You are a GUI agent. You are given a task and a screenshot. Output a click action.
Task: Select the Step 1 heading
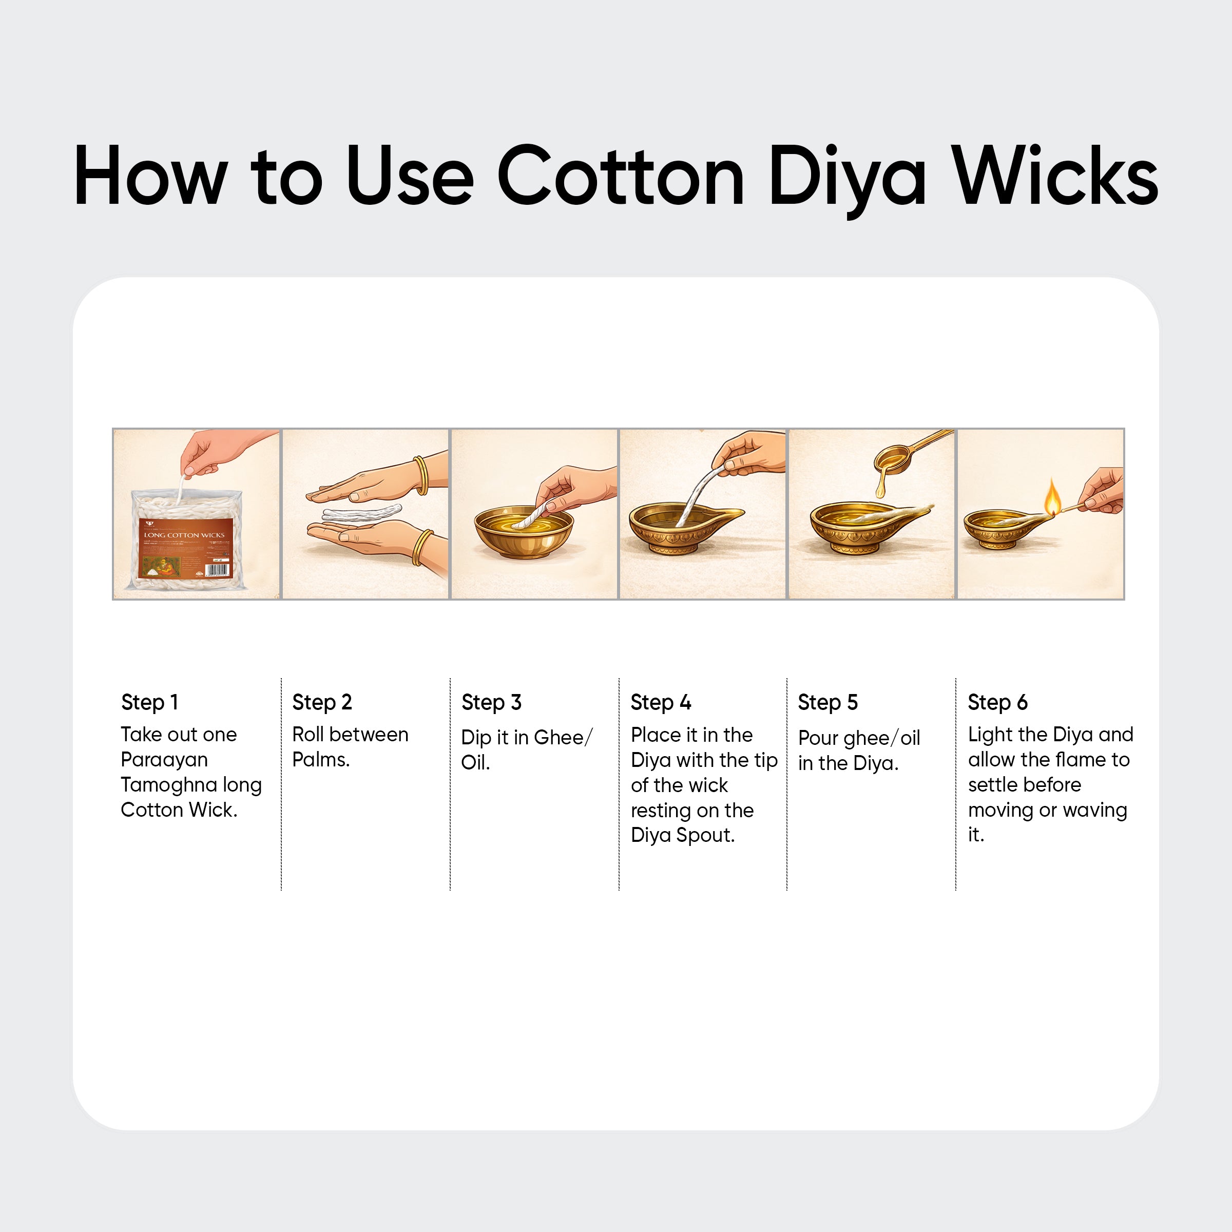[149, 702]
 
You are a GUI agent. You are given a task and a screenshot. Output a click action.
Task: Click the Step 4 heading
[661, 702]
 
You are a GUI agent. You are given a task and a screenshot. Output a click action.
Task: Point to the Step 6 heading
[997, 702]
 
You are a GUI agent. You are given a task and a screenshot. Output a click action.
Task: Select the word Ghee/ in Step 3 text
[563, 737]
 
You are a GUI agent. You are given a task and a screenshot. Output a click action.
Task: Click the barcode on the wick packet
[217, 569]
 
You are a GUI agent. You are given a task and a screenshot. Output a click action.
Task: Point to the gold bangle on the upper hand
[421, 475]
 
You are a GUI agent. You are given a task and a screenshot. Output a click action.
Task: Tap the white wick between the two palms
[361, 513]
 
